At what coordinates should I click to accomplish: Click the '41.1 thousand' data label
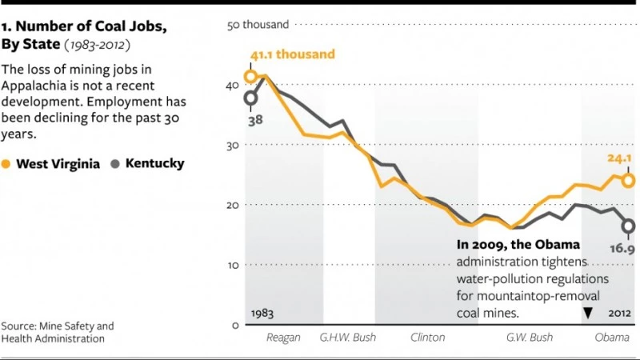pos(293,55)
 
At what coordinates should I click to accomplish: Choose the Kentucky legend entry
pos(147,163)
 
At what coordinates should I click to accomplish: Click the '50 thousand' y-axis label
pos(258,25)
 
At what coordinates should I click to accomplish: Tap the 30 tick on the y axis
pos(235,145)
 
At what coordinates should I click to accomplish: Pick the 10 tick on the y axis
pos(235,265)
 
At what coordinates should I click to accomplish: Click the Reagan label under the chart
pos(283,338)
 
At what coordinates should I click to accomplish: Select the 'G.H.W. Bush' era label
pos(347,338)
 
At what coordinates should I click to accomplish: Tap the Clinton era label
pos(427,338)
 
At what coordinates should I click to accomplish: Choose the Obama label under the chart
pos(611,338)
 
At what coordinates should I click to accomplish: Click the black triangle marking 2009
pos(588,313)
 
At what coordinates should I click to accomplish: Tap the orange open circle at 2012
pos(629,181)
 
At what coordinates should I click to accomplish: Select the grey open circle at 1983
pos(250,98)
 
